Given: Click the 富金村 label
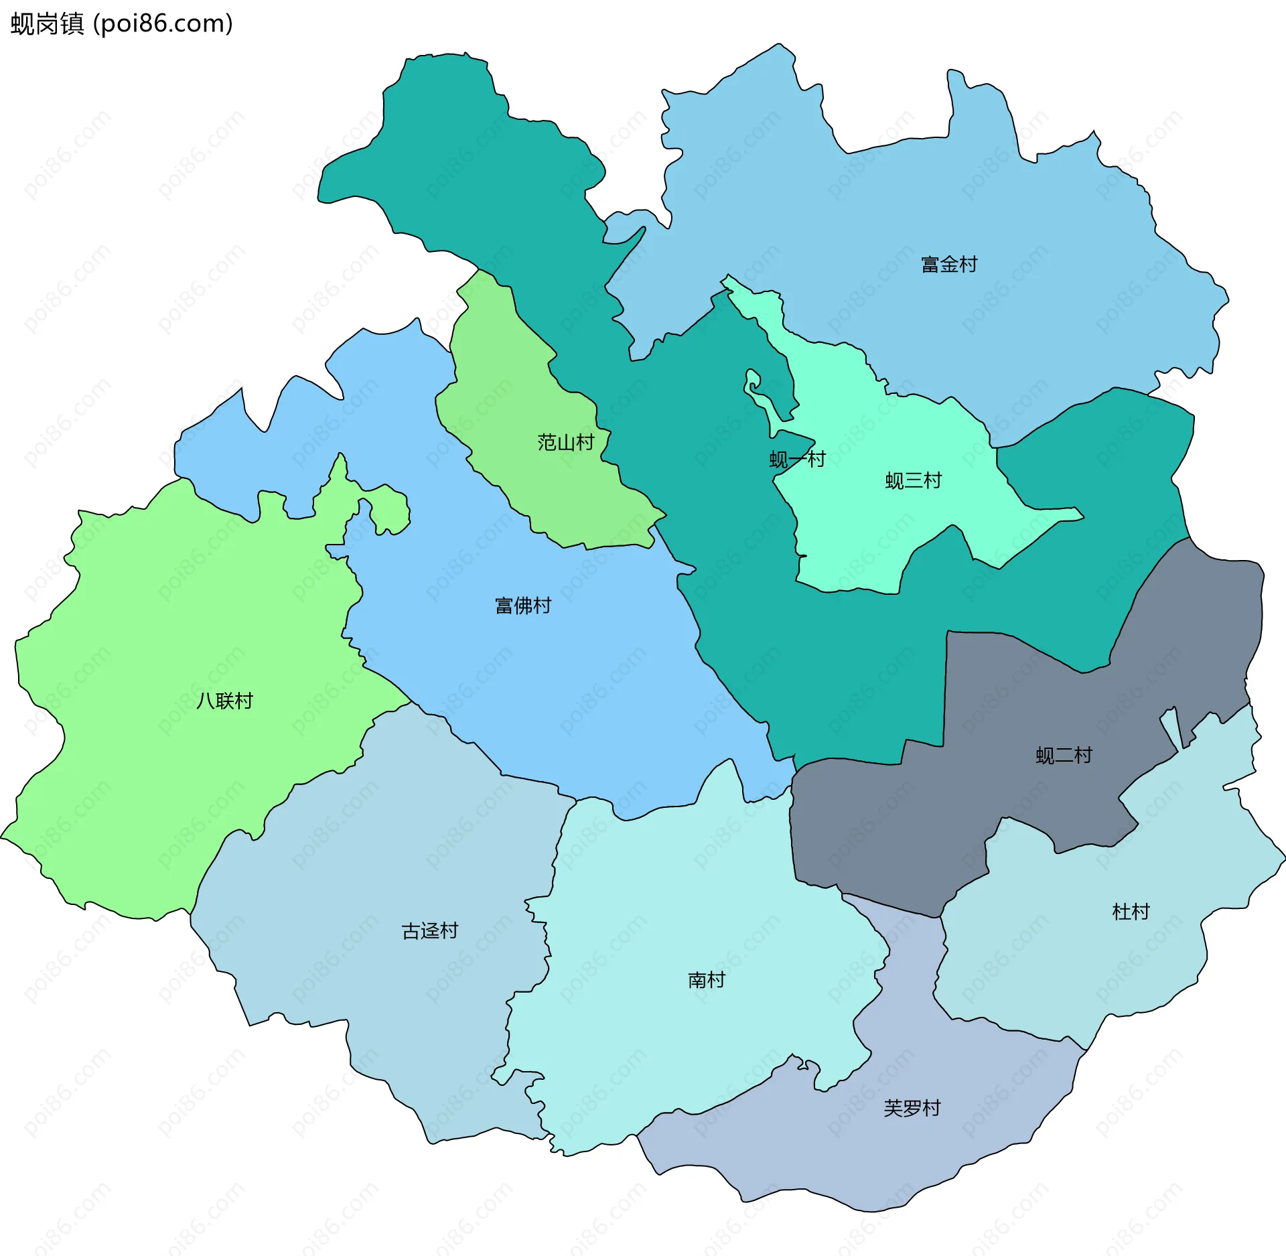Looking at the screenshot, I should point(948,265).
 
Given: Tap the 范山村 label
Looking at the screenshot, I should point(565,442).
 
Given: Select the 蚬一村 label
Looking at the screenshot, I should point(797,460).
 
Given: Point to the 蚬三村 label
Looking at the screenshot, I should point(913,480).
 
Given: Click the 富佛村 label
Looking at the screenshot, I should point(522,606).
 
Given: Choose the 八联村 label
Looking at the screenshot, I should point(224,701).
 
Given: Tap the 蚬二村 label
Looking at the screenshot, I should point(1064,756).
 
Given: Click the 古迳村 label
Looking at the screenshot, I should point(429,930).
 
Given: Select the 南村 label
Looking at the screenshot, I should point(707,980).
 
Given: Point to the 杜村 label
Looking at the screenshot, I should point(1131,911).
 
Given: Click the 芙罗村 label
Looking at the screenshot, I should point(912,1108).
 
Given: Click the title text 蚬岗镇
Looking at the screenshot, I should point(47,23).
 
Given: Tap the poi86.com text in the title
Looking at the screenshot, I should point(163,23).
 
